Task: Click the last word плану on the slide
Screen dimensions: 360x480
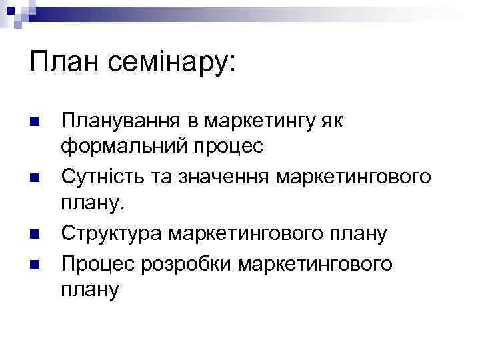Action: coord(89,289)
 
